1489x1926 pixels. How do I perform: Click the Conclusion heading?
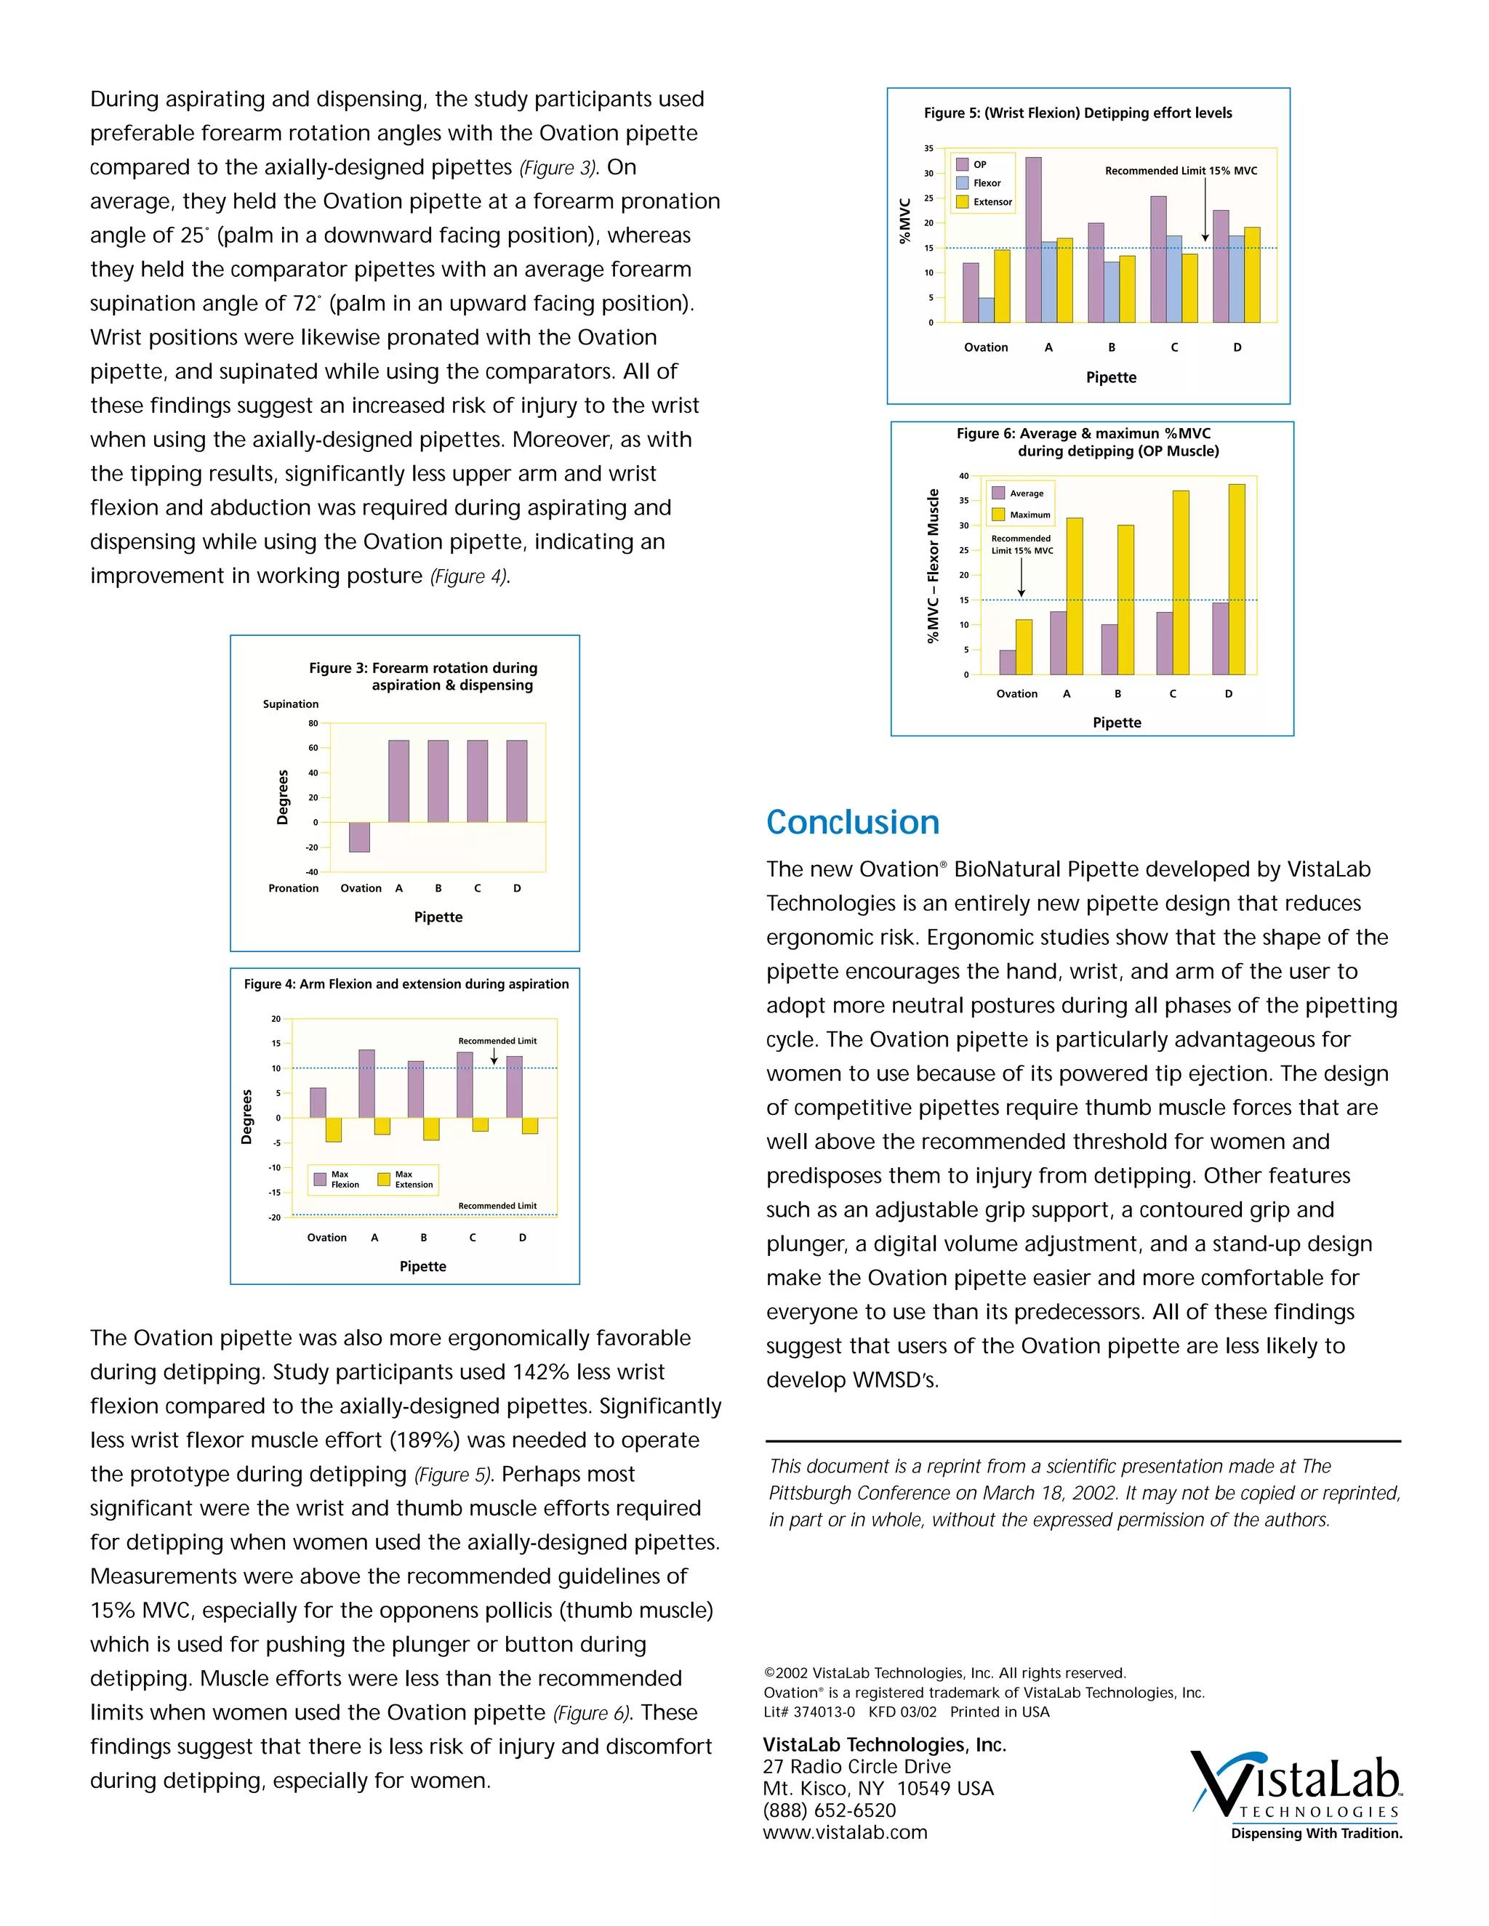(x=852, y=822)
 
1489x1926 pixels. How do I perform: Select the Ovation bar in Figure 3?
(x=359, y=837)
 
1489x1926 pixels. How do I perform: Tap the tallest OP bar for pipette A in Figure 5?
(x=1033, y=240)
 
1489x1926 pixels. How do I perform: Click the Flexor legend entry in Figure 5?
(x=979, y=183)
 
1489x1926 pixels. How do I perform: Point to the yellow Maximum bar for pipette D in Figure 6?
(x=1237, y=579)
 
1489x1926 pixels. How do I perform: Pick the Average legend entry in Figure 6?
(x=1018, y=493)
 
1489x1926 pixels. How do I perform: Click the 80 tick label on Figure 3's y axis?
(x=313, y=723)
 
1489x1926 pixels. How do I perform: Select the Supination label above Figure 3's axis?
(x=290, y=704)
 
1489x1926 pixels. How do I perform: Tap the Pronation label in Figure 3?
(x=293, y=888)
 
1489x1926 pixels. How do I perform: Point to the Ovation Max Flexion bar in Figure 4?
(x=318, y=1103)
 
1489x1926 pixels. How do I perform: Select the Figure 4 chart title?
(x=406, y=984)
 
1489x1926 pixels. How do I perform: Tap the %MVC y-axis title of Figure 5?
(x=904, y=222)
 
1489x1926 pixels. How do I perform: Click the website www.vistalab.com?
(x=844, y=1832)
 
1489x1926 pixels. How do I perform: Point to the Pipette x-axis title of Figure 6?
(x=1116, y=722)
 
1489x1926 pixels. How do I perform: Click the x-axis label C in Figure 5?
(x=1174, y=347)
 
